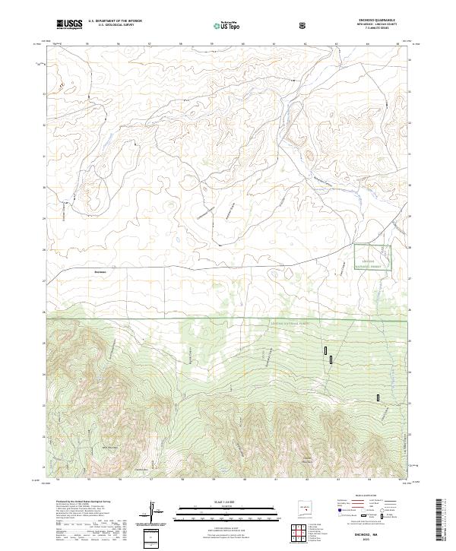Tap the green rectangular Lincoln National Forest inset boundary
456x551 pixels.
372,257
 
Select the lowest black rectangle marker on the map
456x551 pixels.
378,397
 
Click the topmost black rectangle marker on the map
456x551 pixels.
326,350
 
